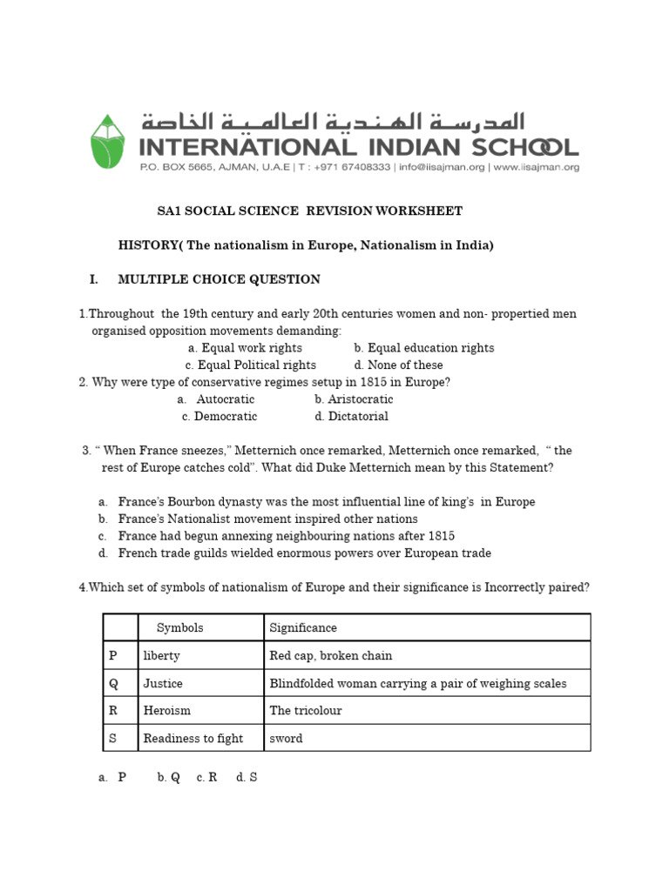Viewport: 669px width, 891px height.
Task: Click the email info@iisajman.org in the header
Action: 443,167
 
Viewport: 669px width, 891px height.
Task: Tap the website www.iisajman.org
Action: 537,167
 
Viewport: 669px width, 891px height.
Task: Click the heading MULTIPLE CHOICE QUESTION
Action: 219,279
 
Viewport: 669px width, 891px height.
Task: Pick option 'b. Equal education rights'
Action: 424,348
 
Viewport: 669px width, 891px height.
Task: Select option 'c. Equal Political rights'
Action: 251,365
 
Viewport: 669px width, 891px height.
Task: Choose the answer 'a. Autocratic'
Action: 216,399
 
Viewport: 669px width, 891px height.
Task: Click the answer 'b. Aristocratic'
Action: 354,399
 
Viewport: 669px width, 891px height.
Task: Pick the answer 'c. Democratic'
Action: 220,417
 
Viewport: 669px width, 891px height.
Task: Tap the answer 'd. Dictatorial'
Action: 352,417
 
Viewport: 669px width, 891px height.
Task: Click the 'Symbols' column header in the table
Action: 180,627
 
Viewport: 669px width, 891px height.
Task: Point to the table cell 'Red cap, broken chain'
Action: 331,655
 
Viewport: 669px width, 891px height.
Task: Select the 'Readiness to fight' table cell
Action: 193,739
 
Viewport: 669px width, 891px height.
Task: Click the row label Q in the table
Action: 112,683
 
